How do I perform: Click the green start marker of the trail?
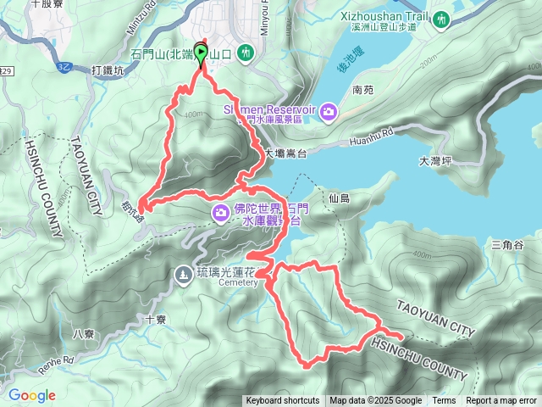click(x=201, y=54)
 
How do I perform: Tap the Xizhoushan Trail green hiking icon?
click(x=440, y=20)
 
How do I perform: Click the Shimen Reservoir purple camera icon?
click(x=329, y=111)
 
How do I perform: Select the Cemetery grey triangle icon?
click(x=184, y=274)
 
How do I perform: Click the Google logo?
click(x=31, y=395)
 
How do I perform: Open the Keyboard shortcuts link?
click(x=283, y=401)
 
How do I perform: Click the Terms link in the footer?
click(x=444, y=401)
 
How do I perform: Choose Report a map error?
click(x=502, y=401)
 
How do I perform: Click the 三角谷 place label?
click(x=508, y=245)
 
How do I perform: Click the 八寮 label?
click(x=84, y=334)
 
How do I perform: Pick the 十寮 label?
click(x=155, y=320)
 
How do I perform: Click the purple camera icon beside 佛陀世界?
click(x=220, y=211)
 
